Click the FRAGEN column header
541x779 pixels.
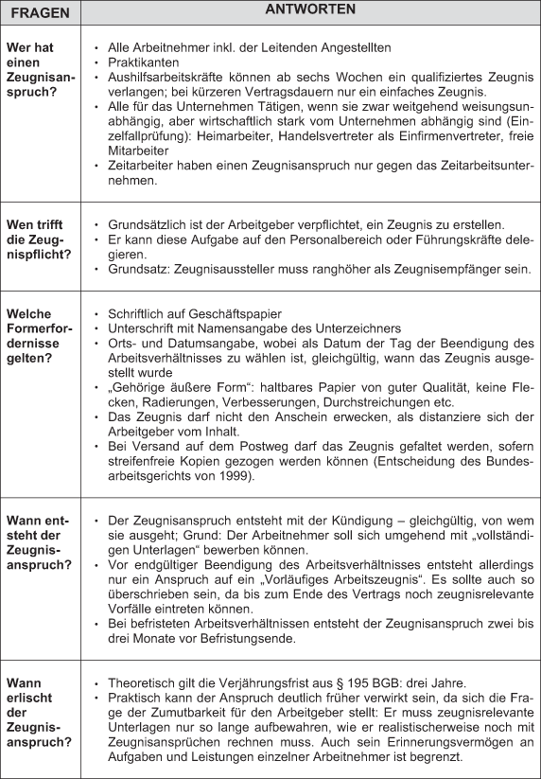pos(41,11)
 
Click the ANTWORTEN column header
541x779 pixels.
pos(312,10)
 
